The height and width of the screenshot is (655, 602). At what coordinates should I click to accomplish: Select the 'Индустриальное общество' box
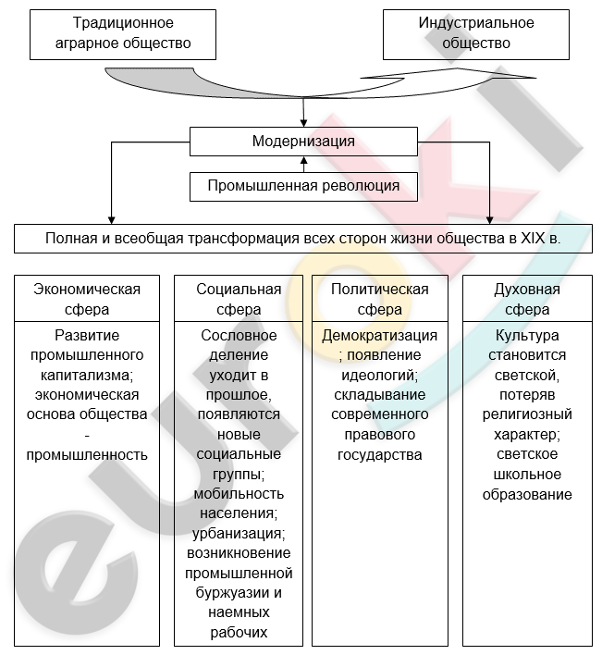pos(476,33)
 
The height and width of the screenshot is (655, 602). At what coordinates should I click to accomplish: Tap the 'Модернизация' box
pos(303,142)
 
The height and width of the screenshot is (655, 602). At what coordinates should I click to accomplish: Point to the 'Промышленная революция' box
pos(303,186)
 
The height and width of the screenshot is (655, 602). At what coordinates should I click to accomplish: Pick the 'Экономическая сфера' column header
pos(87,299)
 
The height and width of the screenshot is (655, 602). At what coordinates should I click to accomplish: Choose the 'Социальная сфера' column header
pos(239,299)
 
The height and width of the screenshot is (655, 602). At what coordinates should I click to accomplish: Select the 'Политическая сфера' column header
pos(379,299)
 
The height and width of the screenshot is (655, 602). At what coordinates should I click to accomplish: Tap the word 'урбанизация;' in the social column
pos(239,534)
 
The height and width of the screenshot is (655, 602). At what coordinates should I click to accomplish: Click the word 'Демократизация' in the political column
pos(379,335)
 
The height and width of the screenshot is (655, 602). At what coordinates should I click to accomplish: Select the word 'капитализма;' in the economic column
pos(87,375)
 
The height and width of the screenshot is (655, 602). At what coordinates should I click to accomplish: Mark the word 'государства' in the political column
pos(379,454)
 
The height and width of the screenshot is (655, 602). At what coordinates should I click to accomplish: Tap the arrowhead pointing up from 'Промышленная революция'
pos(303,162)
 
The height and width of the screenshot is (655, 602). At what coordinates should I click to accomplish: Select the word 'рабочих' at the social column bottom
pos(239,632)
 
